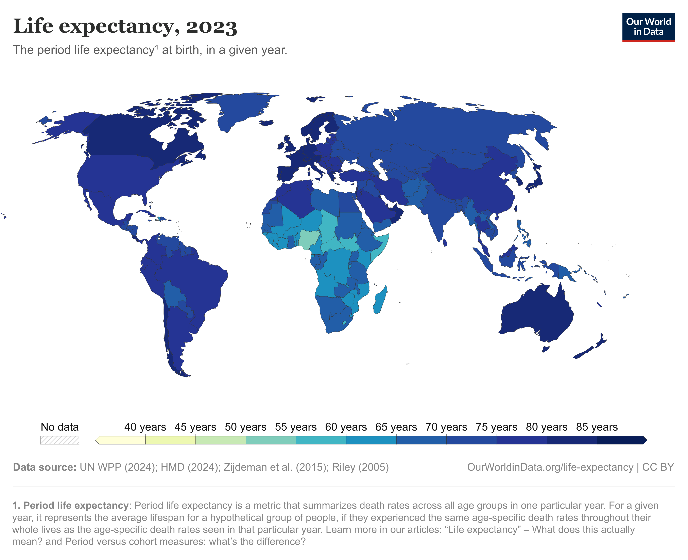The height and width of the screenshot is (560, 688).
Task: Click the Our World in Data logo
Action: (x=648, y=27)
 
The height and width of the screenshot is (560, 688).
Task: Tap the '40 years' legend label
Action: (x=145, y=427)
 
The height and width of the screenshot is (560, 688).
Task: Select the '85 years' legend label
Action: (x=597, y=427)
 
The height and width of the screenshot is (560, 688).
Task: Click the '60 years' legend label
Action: (x=346, y=427)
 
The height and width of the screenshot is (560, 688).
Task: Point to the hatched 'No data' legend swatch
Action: (x=60, y=440)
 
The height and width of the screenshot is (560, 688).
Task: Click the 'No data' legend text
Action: (x=60, y=427)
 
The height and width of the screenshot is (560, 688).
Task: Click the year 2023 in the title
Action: (x=211, y=27)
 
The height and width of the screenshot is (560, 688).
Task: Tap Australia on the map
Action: (x=537, y=315)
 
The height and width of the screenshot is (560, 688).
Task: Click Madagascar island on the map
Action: (x=380, y=300)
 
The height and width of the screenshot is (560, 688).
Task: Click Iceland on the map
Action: (x=266, y=123)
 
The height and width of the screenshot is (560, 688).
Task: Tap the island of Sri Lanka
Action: (x=445, y=242)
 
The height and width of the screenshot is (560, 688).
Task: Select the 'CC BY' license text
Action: (x=658, y=467)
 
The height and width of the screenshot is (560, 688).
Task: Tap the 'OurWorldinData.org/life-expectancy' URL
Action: (x=550, y=467)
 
